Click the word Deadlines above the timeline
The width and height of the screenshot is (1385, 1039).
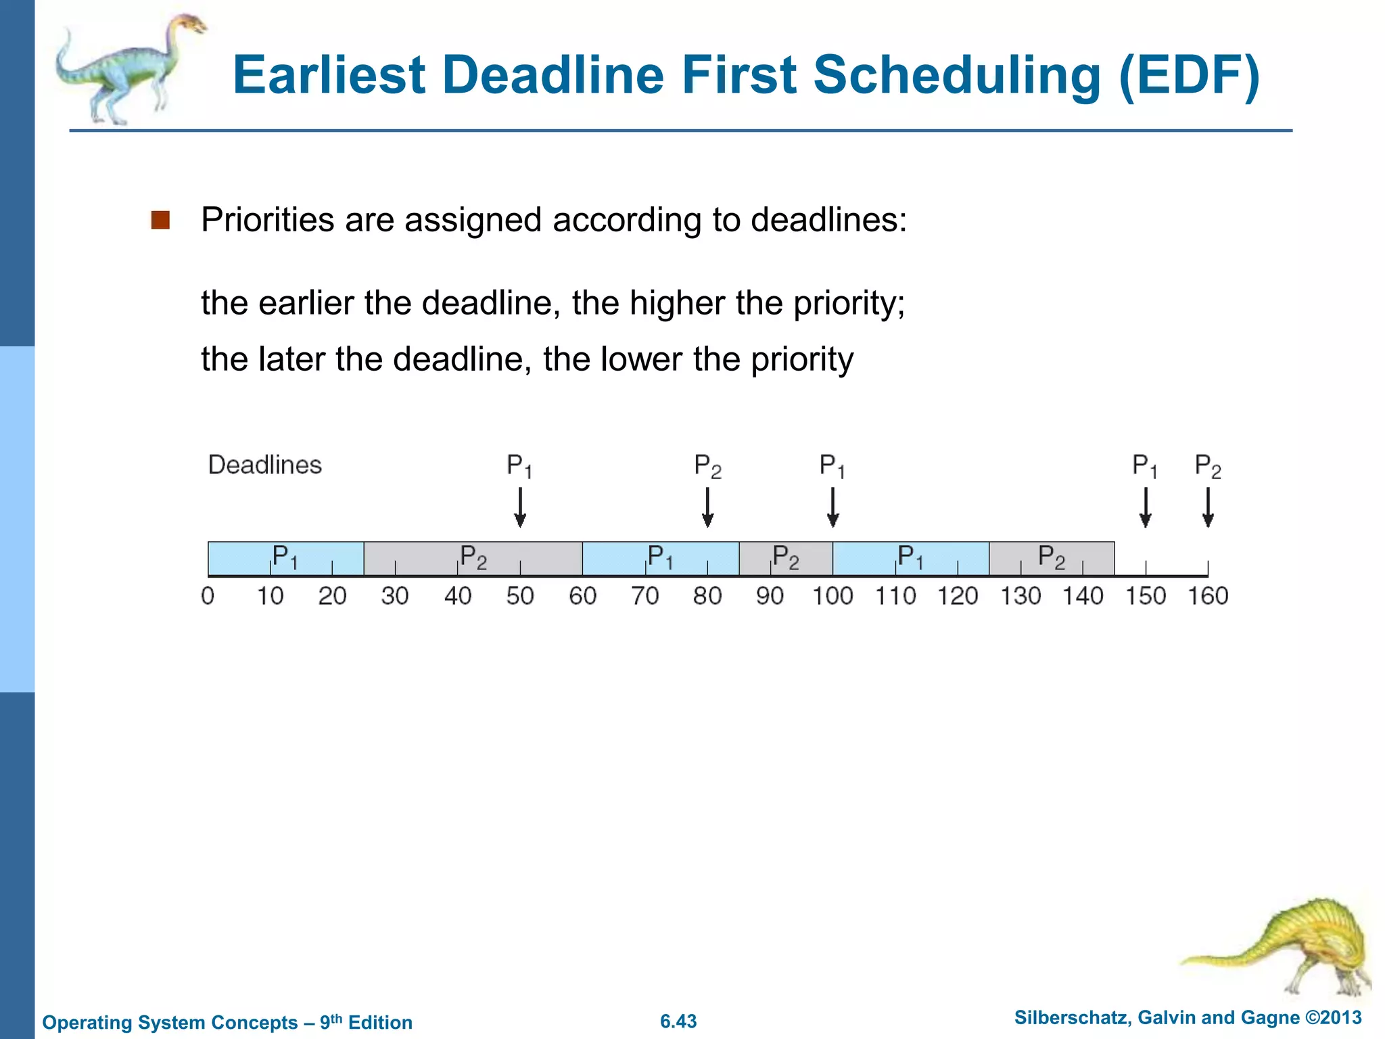tap(264, 465)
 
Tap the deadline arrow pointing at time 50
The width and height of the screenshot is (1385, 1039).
tap(519, 507)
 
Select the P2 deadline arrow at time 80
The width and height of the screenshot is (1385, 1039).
tap(707, 507)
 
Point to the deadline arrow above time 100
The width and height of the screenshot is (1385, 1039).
tap(832, 507)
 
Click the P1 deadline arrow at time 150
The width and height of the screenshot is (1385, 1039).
tap(1145, 507)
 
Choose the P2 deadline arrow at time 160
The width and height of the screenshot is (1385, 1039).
tap(1208, 507)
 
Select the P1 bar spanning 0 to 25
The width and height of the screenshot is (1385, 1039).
tap(285, 559)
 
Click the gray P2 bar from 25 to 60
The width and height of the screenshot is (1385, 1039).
tap(473, 559)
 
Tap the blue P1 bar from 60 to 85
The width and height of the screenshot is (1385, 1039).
tap(660, 559)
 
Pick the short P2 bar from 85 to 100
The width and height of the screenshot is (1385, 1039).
tap(785, 559)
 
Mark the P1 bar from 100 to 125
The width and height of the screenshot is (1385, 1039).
tap(910, 559)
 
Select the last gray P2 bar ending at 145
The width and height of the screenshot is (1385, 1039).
tap(1051, 559)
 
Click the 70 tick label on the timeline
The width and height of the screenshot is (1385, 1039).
tap(644, 596)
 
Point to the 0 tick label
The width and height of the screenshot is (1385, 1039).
tap(208, 596)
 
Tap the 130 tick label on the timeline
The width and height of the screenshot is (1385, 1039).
tap(1020, 596)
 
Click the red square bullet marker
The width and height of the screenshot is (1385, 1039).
tap(160, 221)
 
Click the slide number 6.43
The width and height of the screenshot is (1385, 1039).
tap(678, 1021)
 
